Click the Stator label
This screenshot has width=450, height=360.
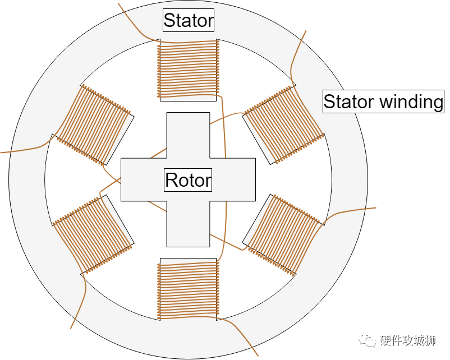pyautogui.click(x=189, y=21)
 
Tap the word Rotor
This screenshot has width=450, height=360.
pyautogui.click(x=188, y=180)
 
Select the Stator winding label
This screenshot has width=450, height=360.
pyautogui.click(x=383, y=102)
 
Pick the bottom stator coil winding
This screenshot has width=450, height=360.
pyautogui.click(x=189, y=289)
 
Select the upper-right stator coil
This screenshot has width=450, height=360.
pyautogui.click(x=283, y=124)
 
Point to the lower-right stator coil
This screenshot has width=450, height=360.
pyautogui.click(x=284, y=234)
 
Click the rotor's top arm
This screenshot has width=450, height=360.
pyautogui.click(x=189, y=135)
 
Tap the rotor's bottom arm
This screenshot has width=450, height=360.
pyautogui.click(x=189, y=224)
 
